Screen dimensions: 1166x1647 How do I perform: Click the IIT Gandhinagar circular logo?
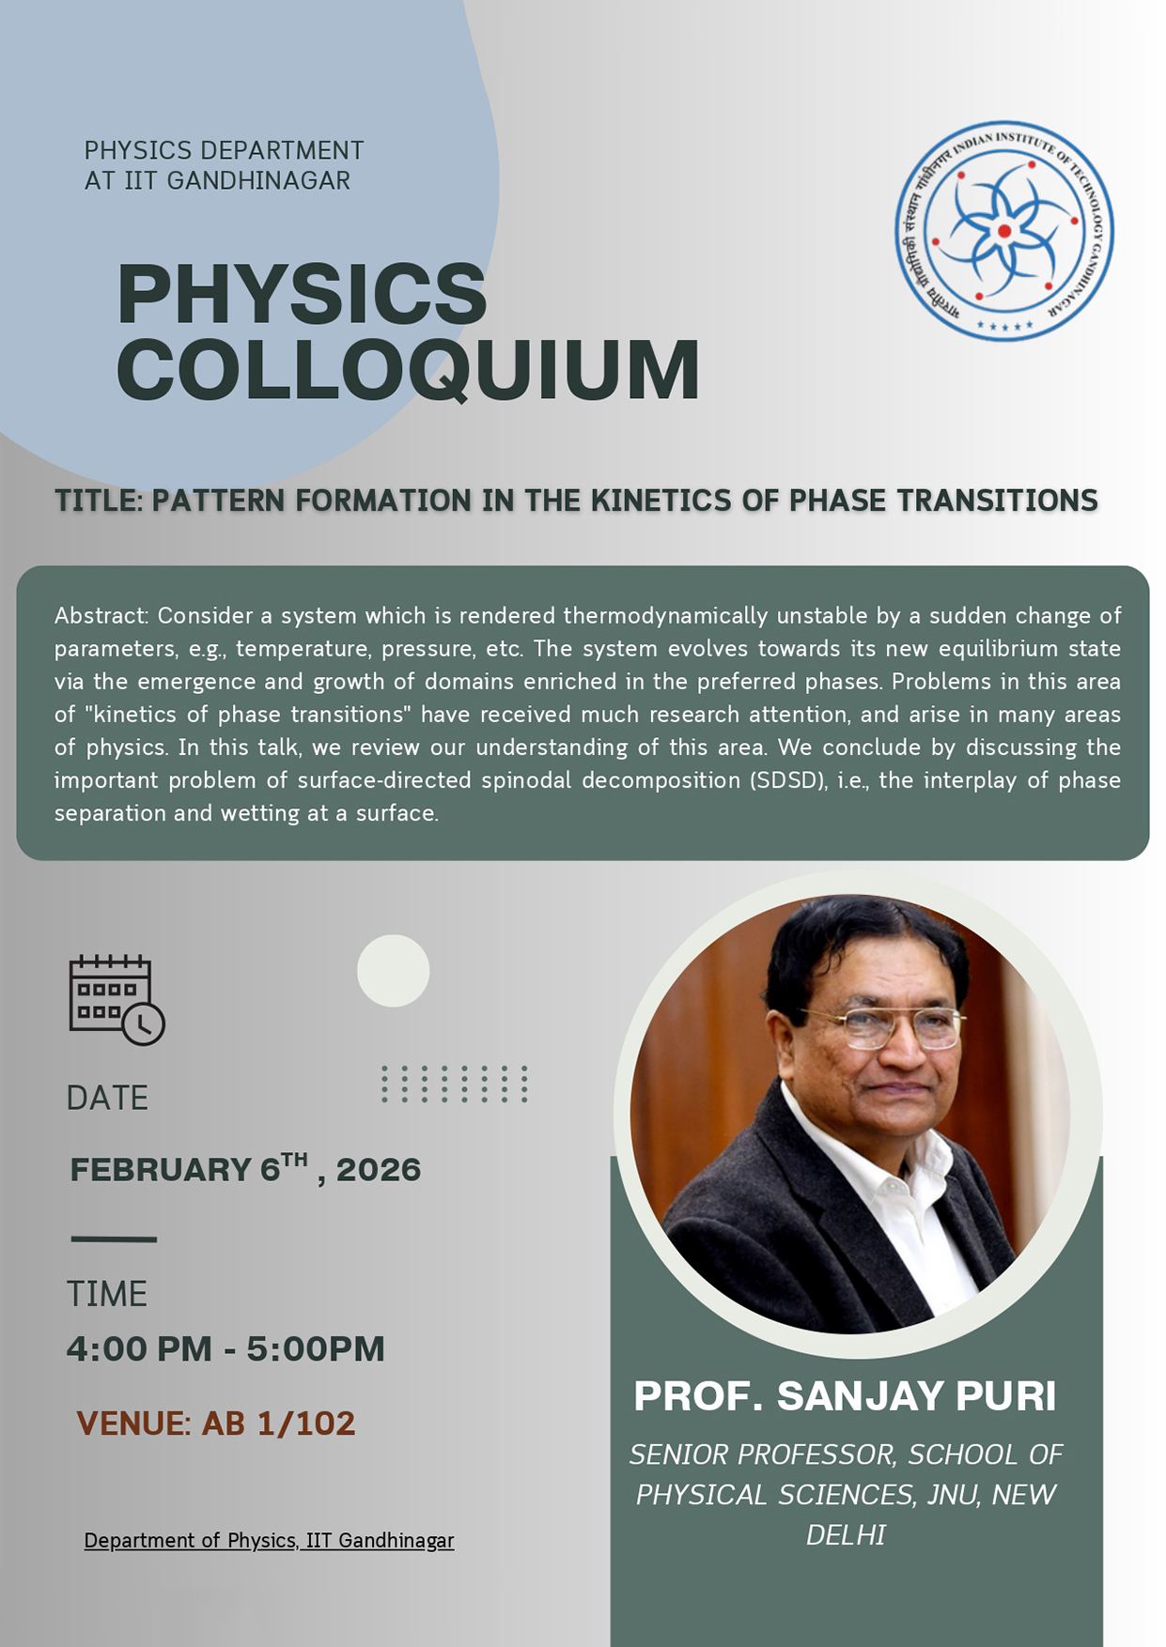(1003, 230)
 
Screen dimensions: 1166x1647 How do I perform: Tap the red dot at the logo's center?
(1004, 231)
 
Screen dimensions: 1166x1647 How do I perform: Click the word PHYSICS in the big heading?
(303, 293)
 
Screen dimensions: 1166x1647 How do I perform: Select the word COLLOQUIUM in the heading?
(408, 369)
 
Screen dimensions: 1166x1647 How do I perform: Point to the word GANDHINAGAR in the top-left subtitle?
(258, 180)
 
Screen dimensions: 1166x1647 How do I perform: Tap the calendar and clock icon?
(117, 1000)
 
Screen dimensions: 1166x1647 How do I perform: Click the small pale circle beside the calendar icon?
(393, 971)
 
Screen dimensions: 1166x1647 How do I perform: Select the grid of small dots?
(455, 1084)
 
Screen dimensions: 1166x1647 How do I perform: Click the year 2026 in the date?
(379, 1170)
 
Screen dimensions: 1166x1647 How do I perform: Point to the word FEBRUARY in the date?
(161, 1170)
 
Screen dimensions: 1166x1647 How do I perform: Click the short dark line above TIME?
(114, 1239)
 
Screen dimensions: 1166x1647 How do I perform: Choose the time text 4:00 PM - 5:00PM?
(225, 1349)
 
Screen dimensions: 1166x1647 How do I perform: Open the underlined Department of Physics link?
(269, 1541)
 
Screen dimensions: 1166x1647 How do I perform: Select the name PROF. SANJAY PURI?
(845, 1396)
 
